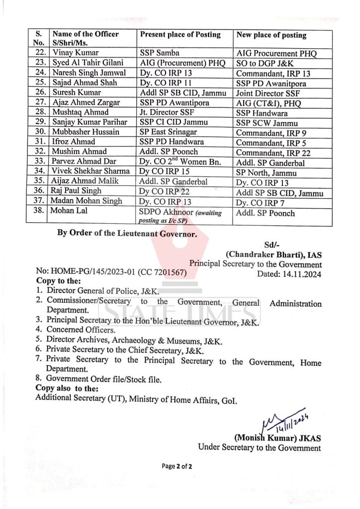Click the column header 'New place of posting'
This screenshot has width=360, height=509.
coord(271,35)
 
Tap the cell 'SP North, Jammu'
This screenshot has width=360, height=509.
coord(266,173)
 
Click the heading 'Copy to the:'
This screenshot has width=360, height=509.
coord(62,282)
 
